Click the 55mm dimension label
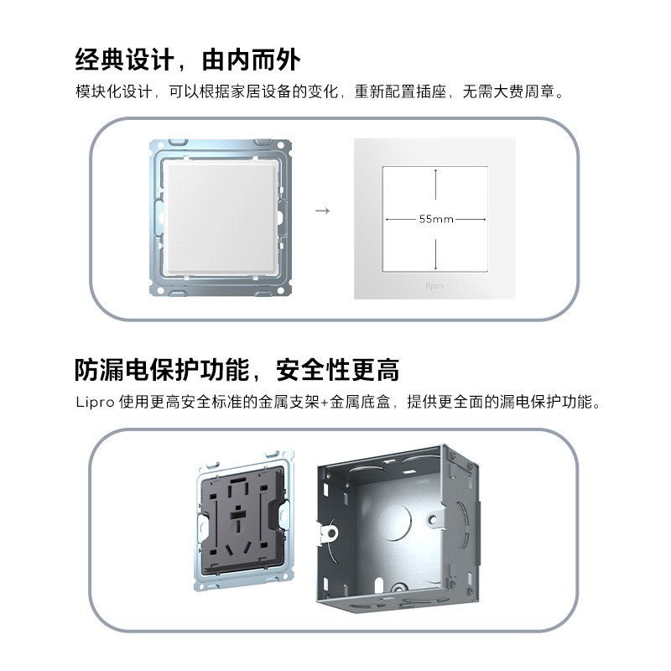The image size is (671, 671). point(436,219)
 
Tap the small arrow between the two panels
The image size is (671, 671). point(322,211)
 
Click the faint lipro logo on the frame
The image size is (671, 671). point(434,285)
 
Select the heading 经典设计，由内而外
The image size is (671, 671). point(187,59)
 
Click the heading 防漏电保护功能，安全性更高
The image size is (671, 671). point(237,370)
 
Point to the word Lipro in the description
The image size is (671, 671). point(95,403)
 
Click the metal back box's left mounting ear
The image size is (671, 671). point(328,533)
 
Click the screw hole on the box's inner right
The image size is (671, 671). point(433,519)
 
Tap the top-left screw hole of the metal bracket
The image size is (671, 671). point(160,146)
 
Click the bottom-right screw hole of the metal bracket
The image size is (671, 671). point(282,290)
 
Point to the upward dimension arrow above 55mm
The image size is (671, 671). point(435,185)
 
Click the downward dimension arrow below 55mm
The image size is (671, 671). point(435,254)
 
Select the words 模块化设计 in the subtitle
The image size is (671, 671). point(114,91)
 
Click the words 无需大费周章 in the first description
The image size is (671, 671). point(508,91)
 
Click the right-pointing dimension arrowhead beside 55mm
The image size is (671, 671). point(484,220)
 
